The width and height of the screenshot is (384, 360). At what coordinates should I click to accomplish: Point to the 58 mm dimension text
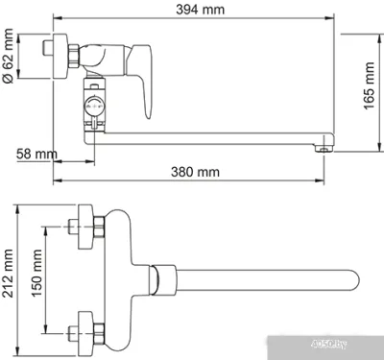coord(36,154)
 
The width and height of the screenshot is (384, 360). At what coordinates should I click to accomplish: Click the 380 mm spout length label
coord(197,173)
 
